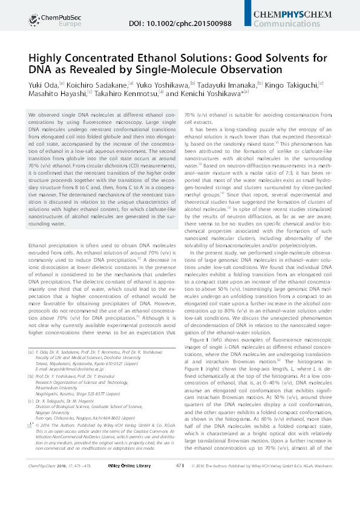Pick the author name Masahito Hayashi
(x=54, y=94)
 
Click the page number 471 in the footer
(x=180, y=499)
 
